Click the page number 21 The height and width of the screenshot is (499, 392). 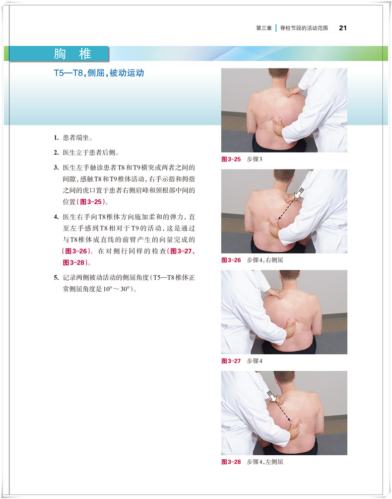point(343,28)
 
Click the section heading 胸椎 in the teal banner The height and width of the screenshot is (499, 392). point(72,54)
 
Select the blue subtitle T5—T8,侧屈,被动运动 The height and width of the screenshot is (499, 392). point(99,73)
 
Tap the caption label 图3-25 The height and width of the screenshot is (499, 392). point(231,159)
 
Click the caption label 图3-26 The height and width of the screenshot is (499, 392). point(231,260)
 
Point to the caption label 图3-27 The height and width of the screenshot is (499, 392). point(231,361)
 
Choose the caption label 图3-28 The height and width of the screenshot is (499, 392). point(231,462)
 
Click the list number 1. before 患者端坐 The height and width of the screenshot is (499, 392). point(56,138)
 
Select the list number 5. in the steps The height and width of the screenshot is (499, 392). point(56,277)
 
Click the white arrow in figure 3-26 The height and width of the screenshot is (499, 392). point(299,193)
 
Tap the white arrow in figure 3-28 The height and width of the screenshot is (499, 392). point(272,396)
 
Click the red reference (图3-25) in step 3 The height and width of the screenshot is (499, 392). point(91,202)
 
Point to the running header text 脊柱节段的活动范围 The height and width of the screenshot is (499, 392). point(304,28)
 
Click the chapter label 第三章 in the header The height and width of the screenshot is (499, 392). point(263,28)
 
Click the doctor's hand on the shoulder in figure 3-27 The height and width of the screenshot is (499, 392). point(274,293)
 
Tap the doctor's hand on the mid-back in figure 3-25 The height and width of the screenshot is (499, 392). point(277,126)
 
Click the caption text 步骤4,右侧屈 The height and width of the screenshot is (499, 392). point(264,260)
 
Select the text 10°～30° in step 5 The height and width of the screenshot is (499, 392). point(116,289)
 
